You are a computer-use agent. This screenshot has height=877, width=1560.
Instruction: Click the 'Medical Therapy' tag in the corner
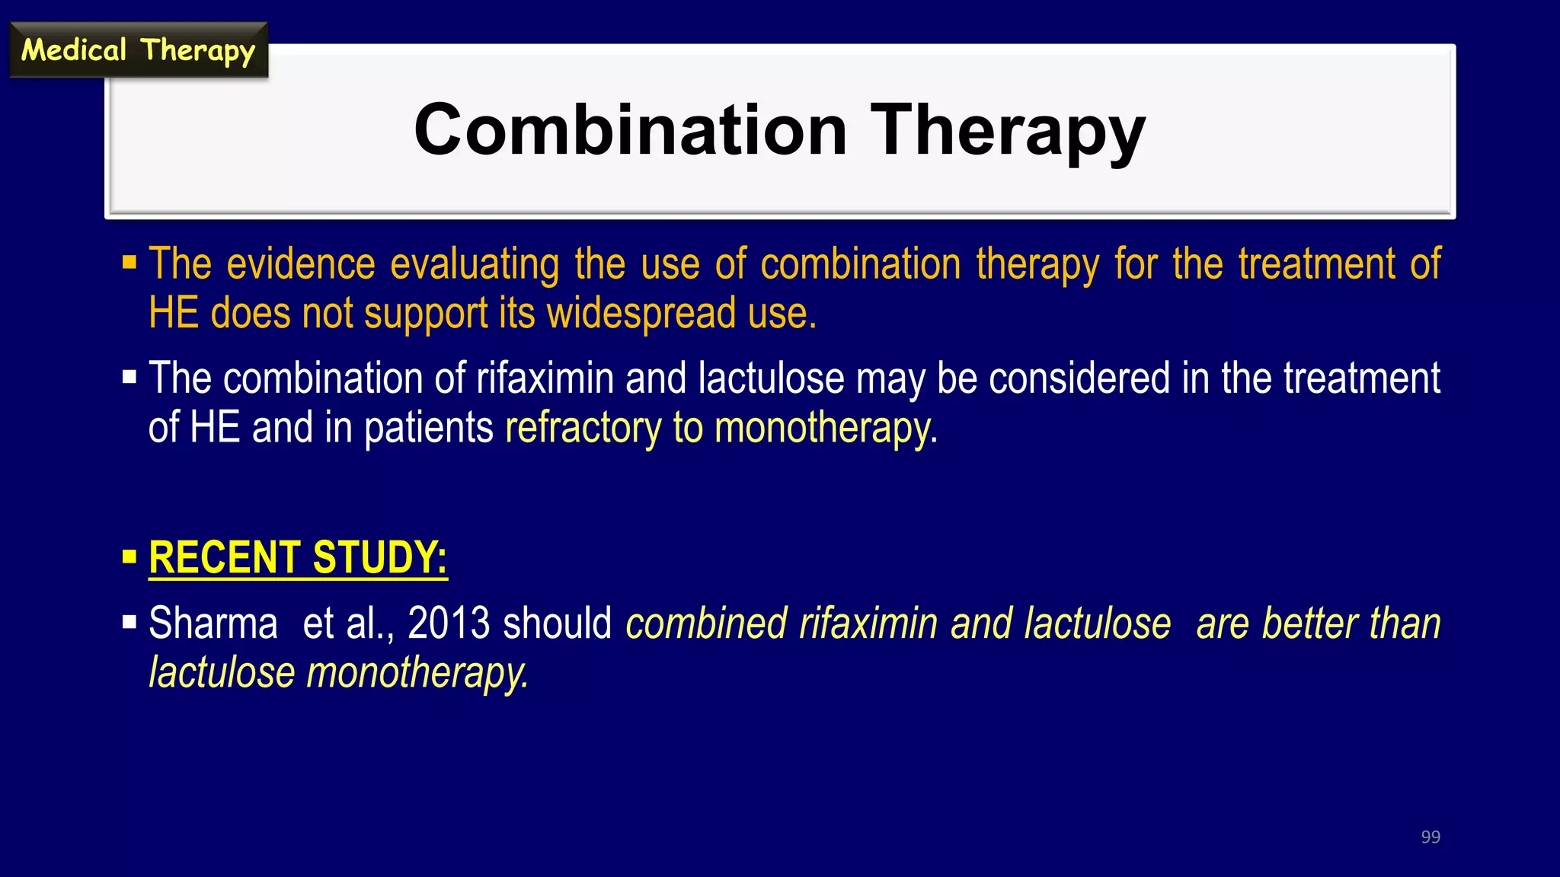(138, 50)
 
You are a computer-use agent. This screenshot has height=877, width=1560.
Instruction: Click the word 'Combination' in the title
(630, 130)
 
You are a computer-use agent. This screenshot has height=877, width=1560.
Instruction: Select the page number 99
(1431, 837)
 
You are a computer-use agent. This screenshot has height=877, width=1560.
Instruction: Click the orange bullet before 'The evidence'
(129, 263)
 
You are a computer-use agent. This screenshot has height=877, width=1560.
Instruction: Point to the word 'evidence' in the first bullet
(301, 264)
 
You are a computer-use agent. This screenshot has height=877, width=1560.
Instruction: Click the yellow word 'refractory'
(583, 428)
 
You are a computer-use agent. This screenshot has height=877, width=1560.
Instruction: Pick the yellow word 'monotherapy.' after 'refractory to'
(826, 428)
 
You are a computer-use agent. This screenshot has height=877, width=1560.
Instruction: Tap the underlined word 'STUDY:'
(379, 557)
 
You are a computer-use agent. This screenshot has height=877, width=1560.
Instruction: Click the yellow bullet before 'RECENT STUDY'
(129, 557)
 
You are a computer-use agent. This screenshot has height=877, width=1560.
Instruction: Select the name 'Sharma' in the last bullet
(213, 623)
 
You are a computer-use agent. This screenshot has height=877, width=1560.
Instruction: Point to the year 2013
(449, 623)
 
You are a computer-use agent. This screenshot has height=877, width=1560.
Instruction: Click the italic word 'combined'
(705, 623)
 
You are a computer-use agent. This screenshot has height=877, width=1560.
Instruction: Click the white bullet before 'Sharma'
(129, 623)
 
